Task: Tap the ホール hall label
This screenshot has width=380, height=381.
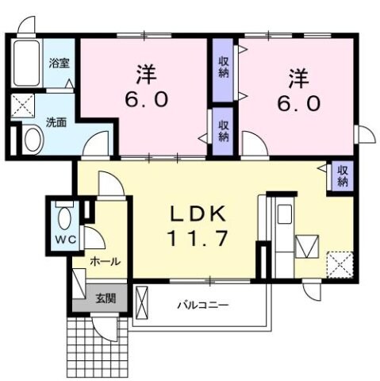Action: point(105,260)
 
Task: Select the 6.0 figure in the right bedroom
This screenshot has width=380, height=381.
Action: point(298,103)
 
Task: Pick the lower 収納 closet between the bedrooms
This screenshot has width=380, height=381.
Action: point(223,131)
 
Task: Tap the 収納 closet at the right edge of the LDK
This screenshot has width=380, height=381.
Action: point(342,176)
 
